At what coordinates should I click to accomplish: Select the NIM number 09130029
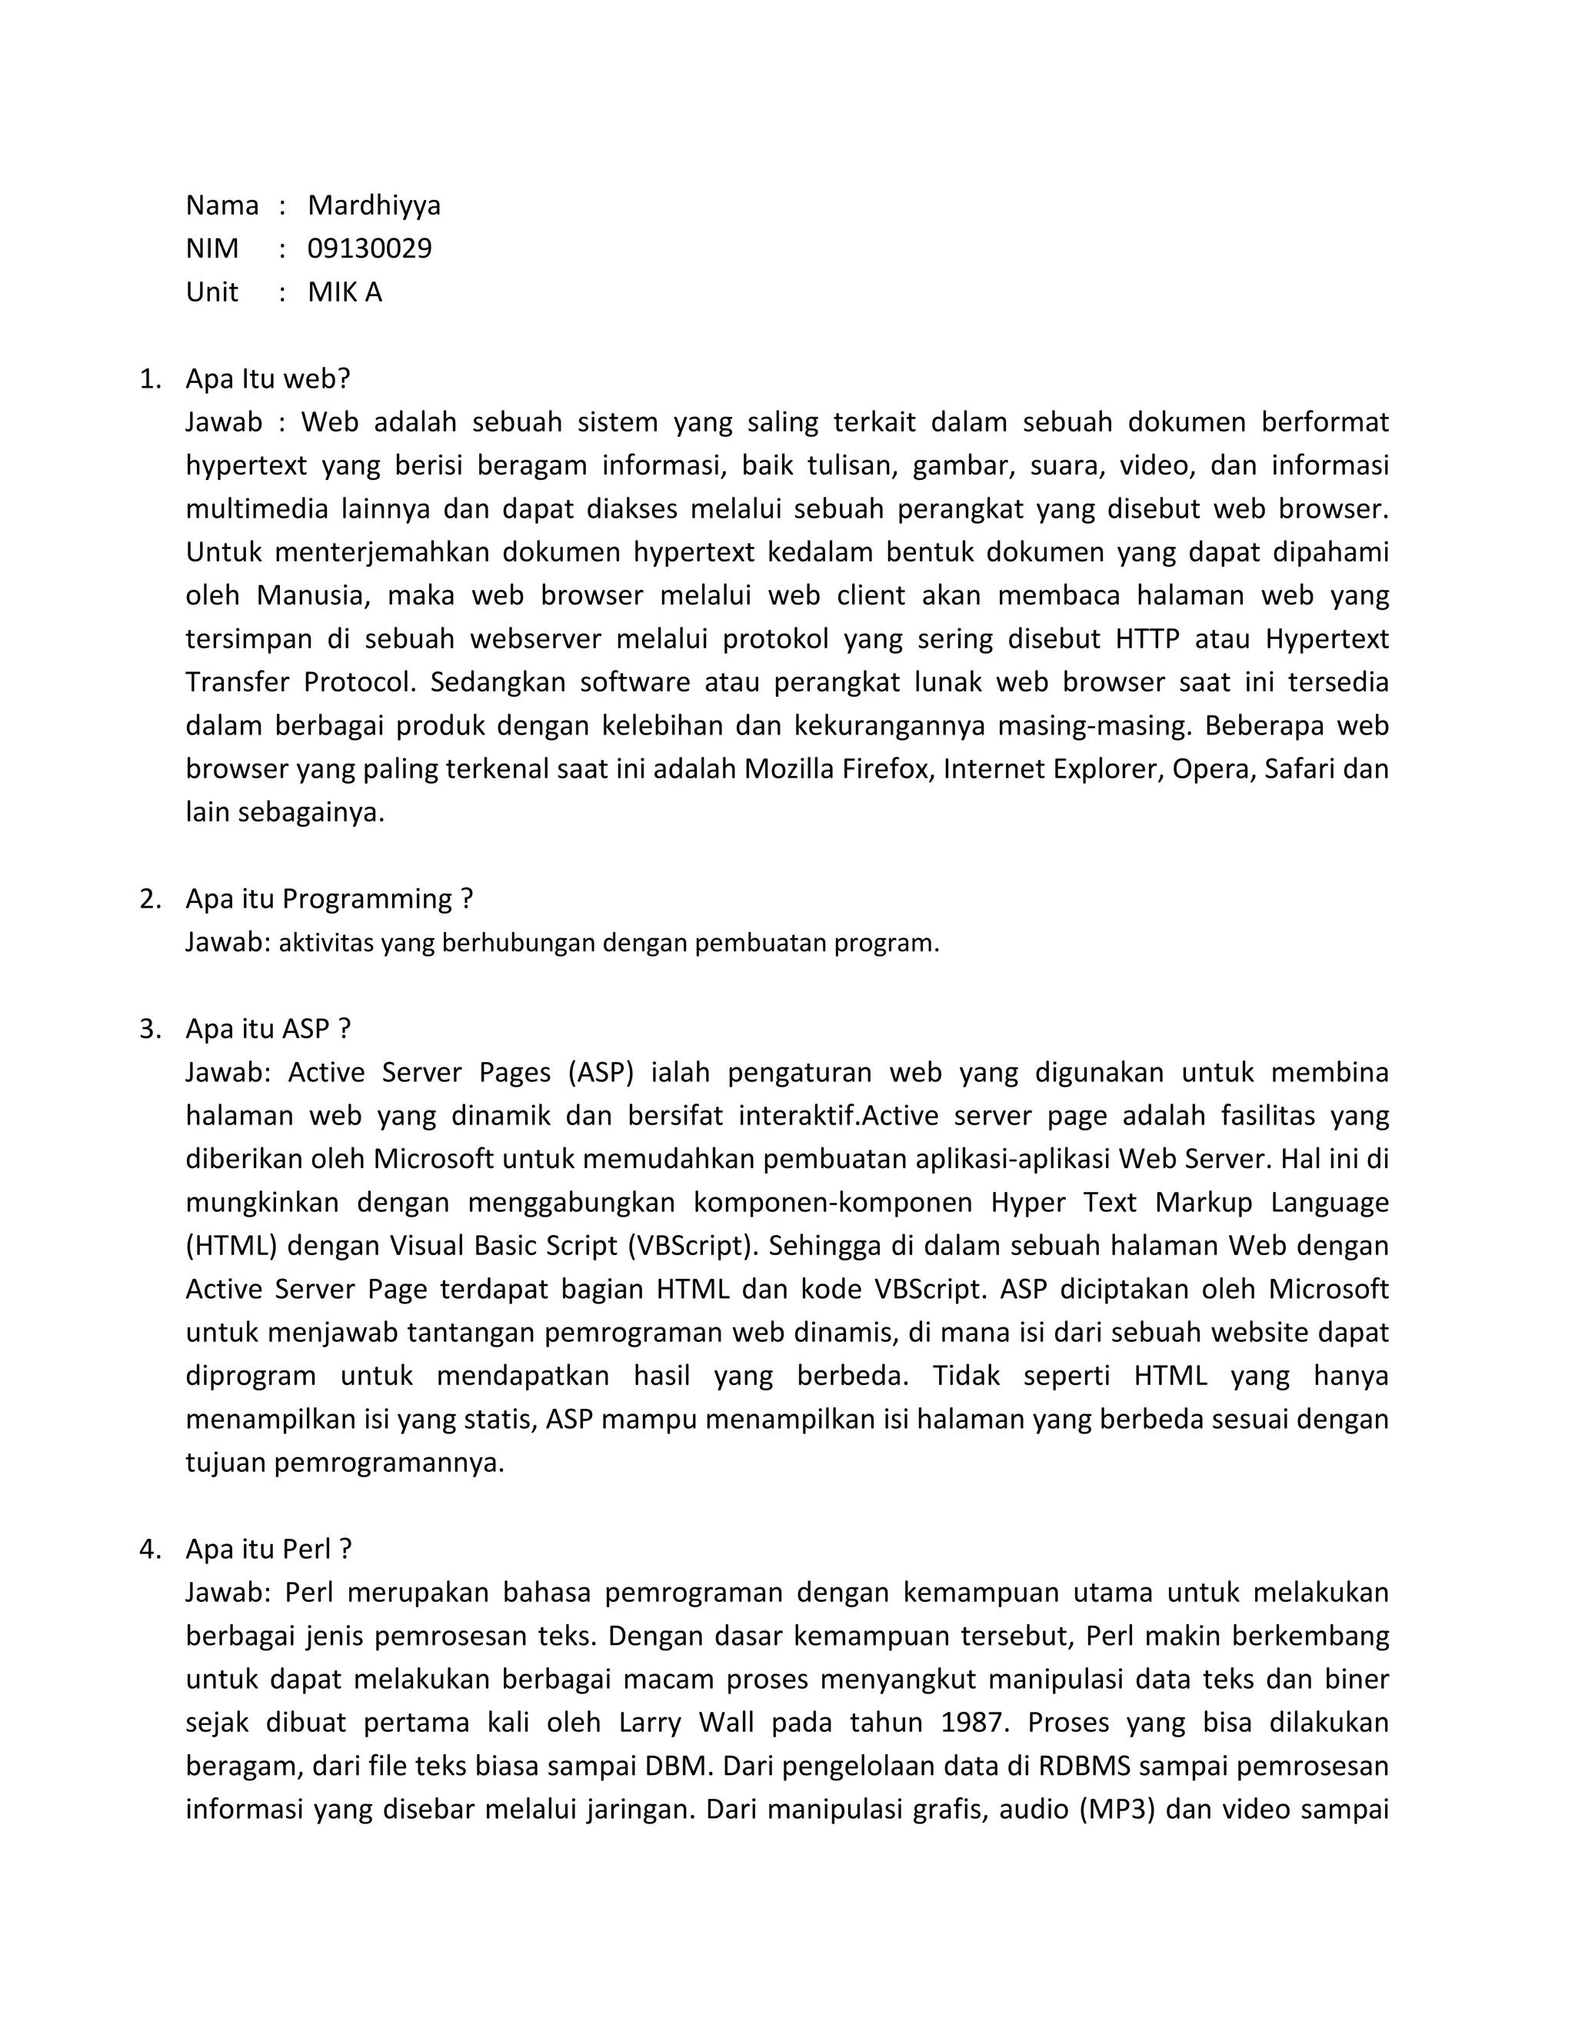pos(369,248)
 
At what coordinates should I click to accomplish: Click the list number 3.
pos(149,1028)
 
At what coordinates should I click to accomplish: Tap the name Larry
pos(649,1723)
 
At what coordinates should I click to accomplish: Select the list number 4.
pos(149,1549)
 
